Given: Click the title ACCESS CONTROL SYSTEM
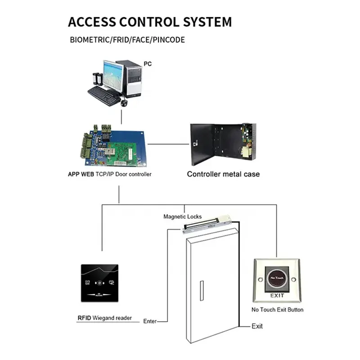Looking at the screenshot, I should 150,22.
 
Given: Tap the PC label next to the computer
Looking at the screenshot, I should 148,64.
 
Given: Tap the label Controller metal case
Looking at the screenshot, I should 223,174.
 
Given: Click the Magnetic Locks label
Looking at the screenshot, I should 182,217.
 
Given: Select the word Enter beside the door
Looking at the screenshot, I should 150,321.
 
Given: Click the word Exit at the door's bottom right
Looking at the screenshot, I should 257,326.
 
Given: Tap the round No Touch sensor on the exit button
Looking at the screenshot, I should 277,279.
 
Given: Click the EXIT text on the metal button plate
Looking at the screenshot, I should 277,296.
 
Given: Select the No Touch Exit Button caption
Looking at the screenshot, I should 277,310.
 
